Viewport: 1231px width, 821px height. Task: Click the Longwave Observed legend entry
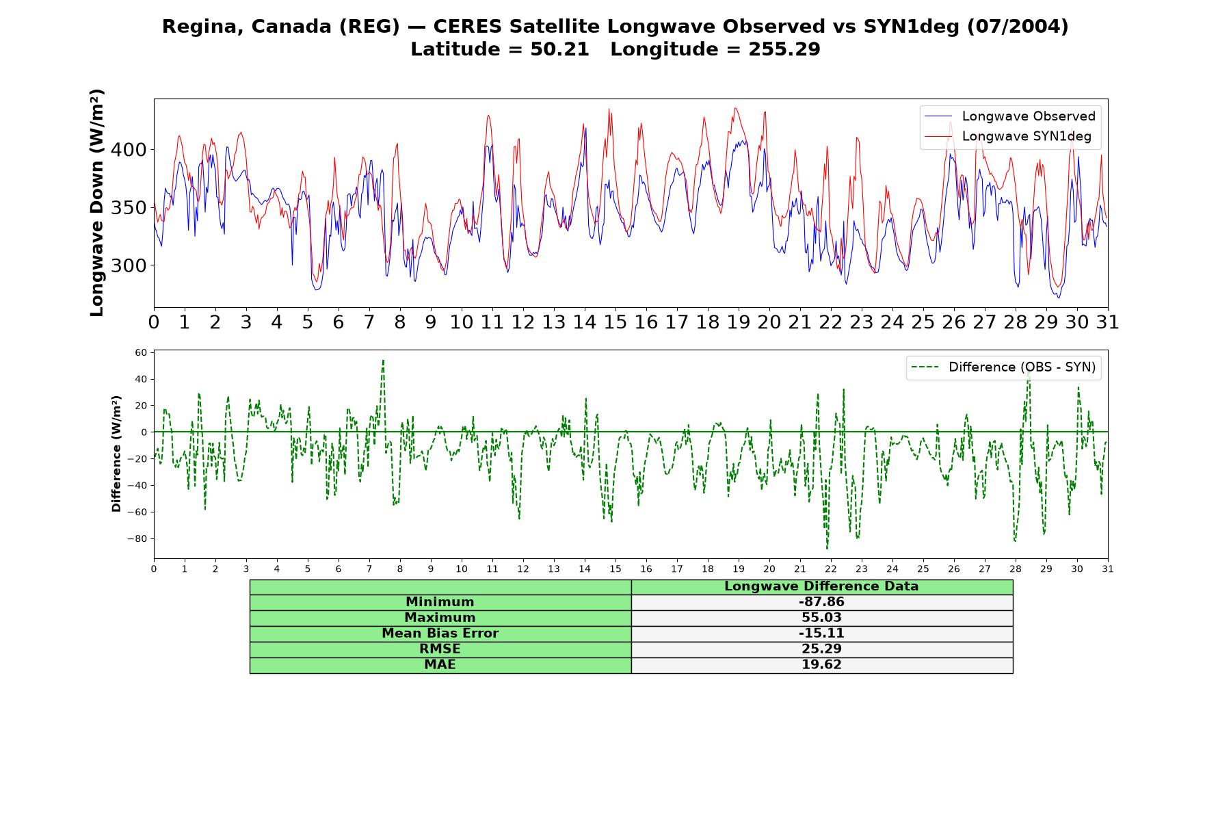tap(1009, 116)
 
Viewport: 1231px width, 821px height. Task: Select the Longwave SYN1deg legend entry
tap(1008, 136)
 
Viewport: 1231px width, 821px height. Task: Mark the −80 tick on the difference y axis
tap(137, 539)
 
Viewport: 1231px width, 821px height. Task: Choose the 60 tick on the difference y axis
tap(142, 353)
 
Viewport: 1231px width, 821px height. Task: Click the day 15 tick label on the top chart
tap(615, 322)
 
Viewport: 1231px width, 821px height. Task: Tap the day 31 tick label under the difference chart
tap(1108, 569)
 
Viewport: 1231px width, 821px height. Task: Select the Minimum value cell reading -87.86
tap(821, 602)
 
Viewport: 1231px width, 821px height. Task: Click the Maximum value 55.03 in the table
tap(821, 618)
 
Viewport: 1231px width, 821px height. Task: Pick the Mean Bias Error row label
tap(440, 634)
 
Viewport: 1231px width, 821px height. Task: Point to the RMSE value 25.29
tap(821, 649)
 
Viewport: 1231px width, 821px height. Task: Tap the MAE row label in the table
tap(440, 665)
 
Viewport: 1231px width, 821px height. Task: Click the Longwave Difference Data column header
tap(821, 586)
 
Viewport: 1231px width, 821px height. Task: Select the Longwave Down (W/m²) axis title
tap(97, 203)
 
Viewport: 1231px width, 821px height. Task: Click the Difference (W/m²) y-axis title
tap(116, 454)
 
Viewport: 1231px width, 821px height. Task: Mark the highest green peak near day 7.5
tap(383, 361)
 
